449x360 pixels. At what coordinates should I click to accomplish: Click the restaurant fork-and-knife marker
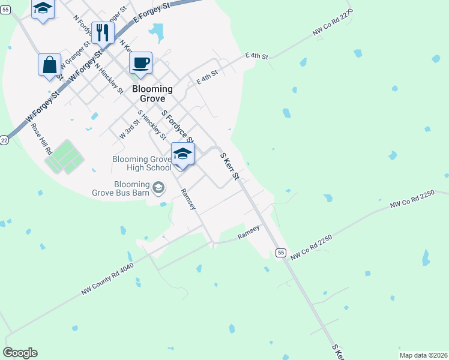(103, 34)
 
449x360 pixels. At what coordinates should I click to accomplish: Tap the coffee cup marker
(140, 63)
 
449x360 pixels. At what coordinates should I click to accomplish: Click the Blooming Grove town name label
(152, 94)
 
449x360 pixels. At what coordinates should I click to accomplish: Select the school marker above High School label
(183, 154)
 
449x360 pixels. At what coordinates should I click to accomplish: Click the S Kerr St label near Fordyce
(230, 166)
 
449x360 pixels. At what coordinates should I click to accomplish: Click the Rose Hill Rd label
(41, 140)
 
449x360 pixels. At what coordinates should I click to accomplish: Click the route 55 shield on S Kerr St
(280, 253)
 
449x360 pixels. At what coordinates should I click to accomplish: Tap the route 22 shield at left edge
(4, 140)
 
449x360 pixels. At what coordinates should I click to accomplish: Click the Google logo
(20, 353)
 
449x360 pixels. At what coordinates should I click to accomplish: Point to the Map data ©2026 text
(423, 355)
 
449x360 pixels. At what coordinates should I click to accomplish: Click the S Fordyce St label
(177, 127)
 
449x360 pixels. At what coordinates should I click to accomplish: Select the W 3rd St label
(130, 130)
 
